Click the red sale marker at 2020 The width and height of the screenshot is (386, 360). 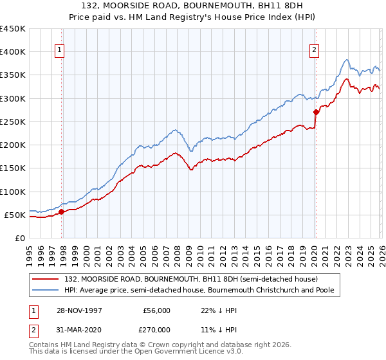pyautogui.click(x=316, y=112)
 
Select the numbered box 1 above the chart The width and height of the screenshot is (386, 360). pyautogui.click(x=59, y=51)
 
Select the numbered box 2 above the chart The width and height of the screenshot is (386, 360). pyautogui.click(x=314, y=51)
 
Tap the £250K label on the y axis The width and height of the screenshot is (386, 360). pyautogui.click(x=12, y=122)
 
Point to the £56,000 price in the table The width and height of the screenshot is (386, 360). pyautogui.click(x=156, y=310)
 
